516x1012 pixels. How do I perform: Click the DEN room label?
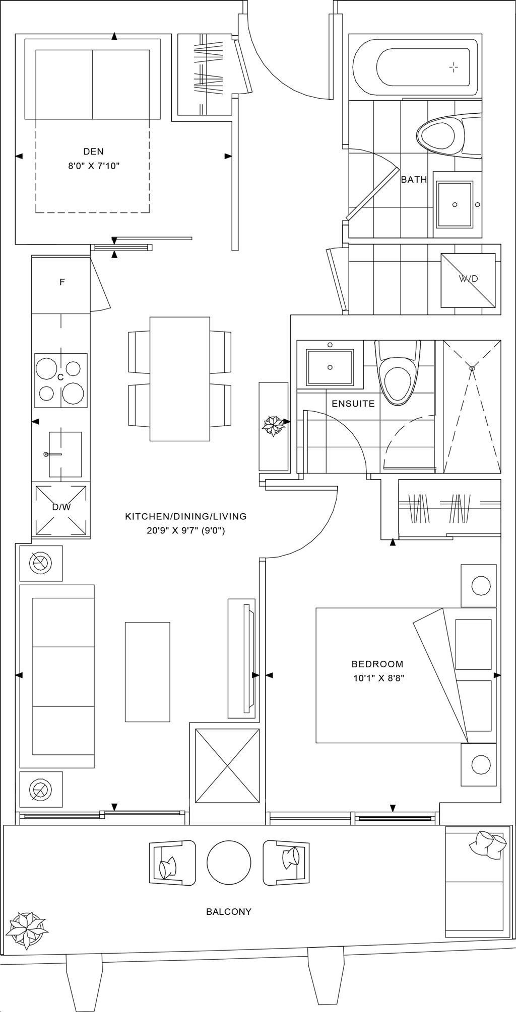[x=93, y=151]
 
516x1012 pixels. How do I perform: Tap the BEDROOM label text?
[x=378, y=664]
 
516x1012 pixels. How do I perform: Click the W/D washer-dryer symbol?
[x=468, y=279]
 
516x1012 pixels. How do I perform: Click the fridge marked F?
[x=61, y=283]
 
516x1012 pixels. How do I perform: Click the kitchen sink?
[x=64, y=454]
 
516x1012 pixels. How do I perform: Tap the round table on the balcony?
[x=229, y=862]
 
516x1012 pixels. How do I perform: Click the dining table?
[x=180, y=378]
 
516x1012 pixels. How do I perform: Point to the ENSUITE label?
[x=353, y=404]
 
